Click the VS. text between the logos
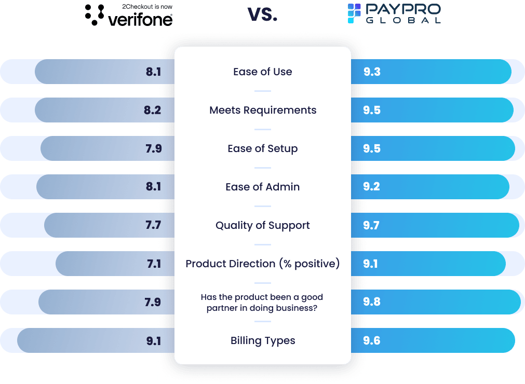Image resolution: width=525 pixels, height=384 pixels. pyautogui.click(x=262, y=15)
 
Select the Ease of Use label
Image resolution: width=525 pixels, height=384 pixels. pyautogui.click(x=262, y=72)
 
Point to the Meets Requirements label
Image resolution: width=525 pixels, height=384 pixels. pyautogui.click(x=262, y=110)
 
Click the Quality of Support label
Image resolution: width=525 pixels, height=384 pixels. pyautogui.click(x=262, y=225)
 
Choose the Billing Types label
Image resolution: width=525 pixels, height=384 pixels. pyautogui.click(x=262, y=340)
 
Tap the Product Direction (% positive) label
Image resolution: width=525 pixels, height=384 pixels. pyautogui.click(x=262, y=264)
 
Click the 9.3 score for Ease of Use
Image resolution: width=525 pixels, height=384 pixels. pyautogui.click(x=372, y=72)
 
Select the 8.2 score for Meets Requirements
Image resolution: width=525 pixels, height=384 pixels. pyautogui.click(x=153, y=110)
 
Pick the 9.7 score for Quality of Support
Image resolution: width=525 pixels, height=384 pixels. pyautogui.click(x=372, y=225)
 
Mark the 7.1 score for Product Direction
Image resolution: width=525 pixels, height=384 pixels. pyautogui.click(x=154, y=264)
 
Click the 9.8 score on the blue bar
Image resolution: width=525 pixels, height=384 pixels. pyautogui.click(x=372, y=302)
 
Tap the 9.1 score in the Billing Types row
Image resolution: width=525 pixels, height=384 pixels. pyautogui.click(x=153, y=340)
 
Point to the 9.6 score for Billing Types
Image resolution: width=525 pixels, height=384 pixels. pyautogui.click(x=372, y=340)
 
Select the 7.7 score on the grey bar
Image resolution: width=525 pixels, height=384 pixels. pyautogui.click(x=153, y=225)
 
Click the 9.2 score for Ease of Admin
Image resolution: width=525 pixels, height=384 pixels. pyautogui.click(x=372, y=187)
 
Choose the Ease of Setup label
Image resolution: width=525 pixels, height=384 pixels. pyautogui.click(x=262, y=148)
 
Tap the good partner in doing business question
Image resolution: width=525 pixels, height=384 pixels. pyautogui.click(x=262, y=302)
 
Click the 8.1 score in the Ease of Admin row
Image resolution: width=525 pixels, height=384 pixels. pyautogui.click(x=153, y=187)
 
